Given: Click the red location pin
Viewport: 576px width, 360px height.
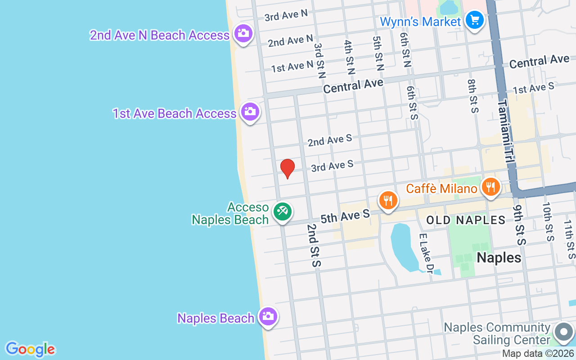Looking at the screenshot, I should point(288,168).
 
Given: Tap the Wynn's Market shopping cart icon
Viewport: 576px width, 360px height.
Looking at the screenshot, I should point(474,20).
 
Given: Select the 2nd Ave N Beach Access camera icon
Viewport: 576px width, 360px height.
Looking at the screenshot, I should point(243,33).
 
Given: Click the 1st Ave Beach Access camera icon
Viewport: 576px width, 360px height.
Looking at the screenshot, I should point(250,112).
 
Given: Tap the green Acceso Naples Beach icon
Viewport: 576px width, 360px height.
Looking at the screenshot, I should point(282,211).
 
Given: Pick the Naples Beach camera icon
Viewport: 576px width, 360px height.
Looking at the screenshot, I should point(268,316).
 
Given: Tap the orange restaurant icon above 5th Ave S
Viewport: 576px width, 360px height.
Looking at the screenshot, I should point(388,200).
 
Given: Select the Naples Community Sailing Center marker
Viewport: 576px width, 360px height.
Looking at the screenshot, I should point(563,333).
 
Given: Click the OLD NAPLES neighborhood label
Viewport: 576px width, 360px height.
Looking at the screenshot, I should point(466,220).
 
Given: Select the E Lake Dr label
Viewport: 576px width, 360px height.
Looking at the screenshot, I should point(426,253).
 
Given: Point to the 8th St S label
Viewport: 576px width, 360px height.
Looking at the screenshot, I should point(472,96).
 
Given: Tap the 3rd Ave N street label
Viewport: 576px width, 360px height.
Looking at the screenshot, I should point(286,16).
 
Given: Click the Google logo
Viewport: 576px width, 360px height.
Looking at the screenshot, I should point(30,349).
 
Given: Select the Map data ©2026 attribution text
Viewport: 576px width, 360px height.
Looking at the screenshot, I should point(538,354).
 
